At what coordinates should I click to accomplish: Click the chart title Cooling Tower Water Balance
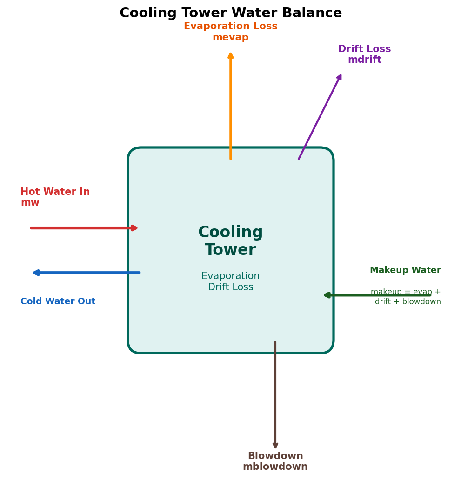point(230,13)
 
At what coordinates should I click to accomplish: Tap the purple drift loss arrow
point(320,117)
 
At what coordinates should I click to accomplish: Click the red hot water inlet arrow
point(84,228)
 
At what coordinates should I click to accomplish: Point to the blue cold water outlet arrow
point(87,273)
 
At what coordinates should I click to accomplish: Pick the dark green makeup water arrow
point(377,295)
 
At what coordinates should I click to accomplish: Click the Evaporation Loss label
point(230,27)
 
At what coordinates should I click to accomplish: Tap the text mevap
point(230,38)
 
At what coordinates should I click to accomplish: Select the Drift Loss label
point(364,49)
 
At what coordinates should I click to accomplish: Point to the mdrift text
point(364,60)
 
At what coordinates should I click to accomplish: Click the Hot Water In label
point(55,192)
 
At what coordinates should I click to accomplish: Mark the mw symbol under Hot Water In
point(30,203)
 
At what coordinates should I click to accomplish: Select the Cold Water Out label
point(58,301)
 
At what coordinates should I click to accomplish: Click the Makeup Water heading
point(405,270)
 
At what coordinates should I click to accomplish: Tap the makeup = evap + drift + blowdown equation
point(406,297)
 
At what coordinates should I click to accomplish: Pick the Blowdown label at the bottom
point(275,456)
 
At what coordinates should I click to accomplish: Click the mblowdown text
point(275,467)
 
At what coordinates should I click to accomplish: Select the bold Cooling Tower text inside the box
point(230,241)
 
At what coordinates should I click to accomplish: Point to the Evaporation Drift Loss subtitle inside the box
point(230,282)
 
